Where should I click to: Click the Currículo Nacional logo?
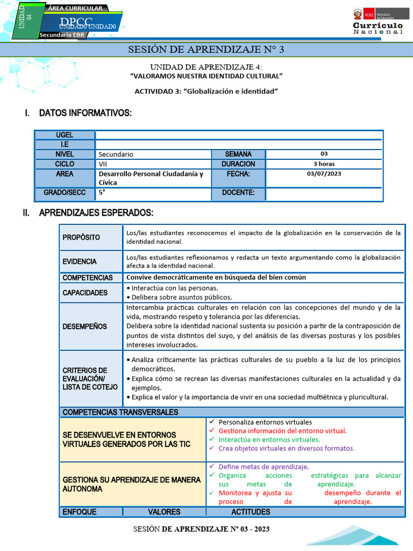[378, 22]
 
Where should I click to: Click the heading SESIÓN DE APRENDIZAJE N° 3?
[206, 50]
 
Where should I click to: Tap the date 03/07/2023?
[324, 174]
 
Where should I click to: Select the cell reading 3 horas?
[324, 164]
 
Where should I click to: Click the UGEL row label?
[65, 135]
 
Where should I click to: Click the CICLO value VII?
[103, 164]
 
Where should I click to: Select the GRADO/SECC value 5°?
[102, 192]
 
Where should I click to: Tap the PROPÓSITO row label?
[81, 237]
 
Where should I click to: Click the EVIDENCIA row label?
[80, 262]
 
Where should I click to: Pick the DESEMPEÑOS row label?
[84, 326]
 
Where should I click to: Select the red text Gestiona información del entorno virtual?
[282, 430]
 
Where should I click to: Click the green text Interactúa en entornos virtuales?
[269, 439]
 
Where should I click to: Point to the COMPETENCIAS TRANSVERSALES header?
[120, 412]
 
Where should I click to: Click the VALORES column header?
[164, 512]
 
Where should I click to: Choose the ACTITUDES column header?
[250, 512]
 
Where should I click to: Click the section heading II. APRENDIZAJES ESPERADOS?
[88, 213]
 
